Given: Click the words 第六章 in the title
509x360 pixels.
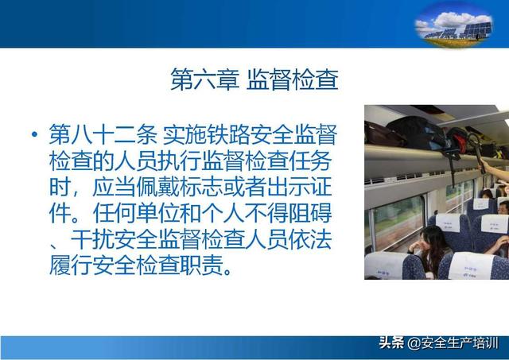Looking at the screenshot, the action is (x=204, y=79).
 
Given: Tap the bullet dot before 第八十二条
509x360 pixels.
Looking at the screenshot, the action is (x=35, y=134).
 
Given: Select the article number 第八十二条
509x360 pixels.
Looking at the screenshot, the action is (x=103, y=134).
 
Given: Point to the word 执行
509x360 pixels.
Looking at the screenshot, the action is (x=180, y=161).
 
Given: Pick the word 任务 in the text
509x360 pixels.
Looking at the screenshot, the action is (x=310, y=161).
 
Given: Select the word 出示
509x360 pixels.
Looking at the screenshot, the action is (x=288, y=187).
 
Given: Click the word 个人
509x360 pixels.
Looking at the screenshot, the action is (x=223, y=213).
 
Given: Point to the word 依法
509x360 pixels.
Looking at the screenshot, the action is (x=310, y=239).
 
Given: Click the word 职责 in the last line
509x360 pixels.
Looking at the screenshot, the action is (x=201, y=265).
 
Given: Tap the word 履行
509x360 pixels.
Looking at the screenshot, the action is (x=71, y=265).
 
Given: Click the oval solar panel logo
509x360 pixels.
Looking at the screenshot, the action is (x=454, y=25).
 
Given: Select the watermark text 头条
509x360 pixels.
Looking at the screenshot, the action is (x=392, y=343).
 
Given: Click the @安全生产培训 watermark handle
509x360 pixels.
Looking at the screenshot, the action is (x=453, y=343).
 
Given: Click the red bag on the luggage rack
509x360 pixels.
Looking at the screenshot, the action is (x=459, y=141).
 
